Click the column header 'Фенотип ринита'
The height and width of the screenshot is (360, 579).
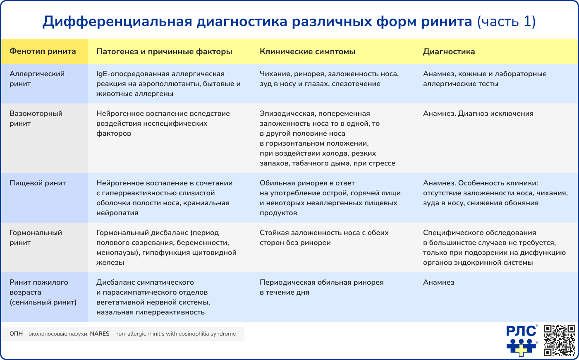click(x=43, y=51)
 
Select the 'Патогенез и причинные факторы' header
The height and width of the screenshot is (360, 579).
click(x=164, y=52)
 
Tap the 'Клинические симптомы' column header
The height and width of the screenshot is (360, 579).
click(x=307, y=52)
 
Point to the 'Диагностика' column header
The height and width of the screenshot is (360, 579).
click(x=449, y=52)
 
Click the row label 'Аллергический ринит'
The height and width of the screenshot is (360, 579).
click(x=37, y=79)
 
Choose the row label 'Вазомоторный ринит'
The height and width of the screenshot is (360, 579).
click(x=36, y=118)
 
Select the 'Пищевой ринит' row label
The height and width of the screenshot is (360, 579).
click(x=38, y=183)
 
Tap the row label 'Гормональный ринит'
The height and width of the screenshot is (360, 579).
click(x=36, y=238)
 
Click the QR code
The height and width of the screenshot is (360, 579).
click(x=559, y=340)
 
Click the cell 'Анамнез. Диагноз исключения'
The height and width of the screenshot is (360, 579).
click(x=478, y=113)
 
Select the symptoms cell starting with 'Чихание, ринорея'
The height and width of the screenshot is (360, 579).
click(x=329, y=79)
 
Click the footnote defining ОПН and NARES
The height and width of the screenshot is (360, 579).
click(x=123, y=334)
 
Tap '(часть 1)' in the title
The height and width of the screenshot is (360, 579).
click(x=506, y=22)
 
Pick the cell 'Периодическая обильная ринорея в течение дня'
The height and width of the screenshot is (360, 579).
click(x=321, y=287)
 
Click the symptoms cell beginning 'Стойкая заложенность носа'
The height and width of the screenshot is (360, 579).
click(x=324, y=238)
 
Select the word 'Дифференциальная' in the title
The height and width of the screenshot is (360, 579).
click(x=117, y=22)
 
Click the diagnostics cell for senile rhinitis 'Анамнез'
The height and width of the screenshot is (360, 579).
click(x=438, y=282)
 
